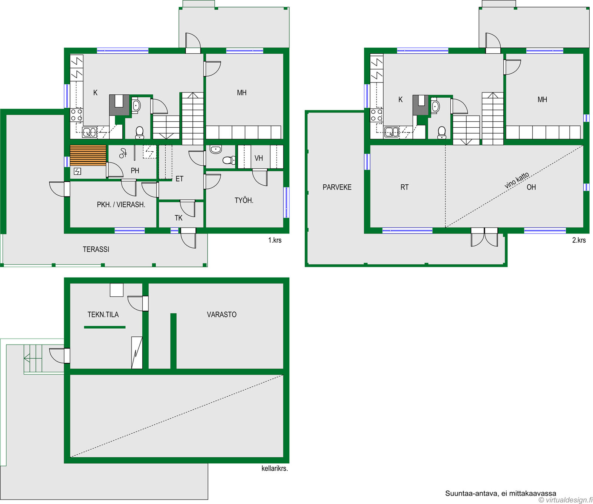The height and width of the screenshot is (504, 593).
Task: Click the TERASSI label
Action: pyautogui.click(x=96, y=249)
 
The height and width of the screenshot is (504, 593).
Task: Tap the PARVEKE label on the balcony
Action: pyautogui.click(x=337, y=187)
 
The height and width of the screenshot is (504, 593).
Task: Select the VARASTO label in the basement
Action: pyautogui.click(x=222, y=315)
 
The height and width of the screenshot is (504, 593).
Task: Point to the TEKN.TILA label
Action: pyautogui.click(x=103, y=315)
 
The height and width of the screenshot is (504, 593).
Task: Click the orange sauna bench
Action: pyautogui.click(x=88, y=155)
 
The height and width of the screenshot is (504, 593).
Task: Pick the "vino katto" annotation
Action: pyautogui.click(x=517, y=180)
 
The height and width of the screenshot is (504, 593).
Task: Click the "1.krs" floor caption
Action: pyautogui.click(x=275, y=240)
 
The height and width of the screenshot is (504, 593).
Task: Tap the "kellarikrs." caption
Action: pyautogui.click(x=275, y=468)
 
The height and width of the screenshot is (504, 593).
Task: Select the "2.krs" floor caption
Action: pyautogui.click(x=579, y=240)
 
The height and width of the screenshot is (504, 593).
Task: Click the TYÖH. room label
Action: pyautogui.click(x=244, y=201)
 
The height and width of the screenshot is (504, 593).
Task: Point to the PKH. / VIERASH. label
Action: pyautogui.click(x=121, y=205)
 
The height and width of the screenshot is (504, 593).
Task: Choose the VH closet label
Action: pyautogui.click(x=259, y=158)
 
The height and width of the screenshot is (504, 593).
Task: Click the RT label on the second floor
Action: pyautogui.click(x=404, y=187)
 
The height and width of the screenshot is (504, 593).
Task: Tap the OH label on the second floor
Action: pyautogui.click(x=531, y=187)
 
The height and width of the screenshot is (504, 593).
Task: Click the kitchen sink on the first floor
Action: pyautogui.click(x=89, y=132)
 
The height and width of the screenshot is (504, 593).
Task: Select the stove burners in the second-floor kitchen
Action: pyautogui.click(x=377, y=115)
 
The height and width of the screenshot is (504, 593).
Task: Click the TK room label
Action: pyautogui.click(x=179, y=218)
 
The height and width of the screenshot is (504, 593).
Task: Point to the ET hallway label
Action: pyautogui.click(x=179, y=179)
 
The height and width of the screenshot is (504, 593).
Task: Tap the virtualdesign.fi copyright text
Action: pyautogui.click(x=566, y=500)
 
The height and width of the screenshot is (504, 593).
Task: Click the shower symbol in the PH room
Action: pyautogui.click(x=123, y=153)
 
